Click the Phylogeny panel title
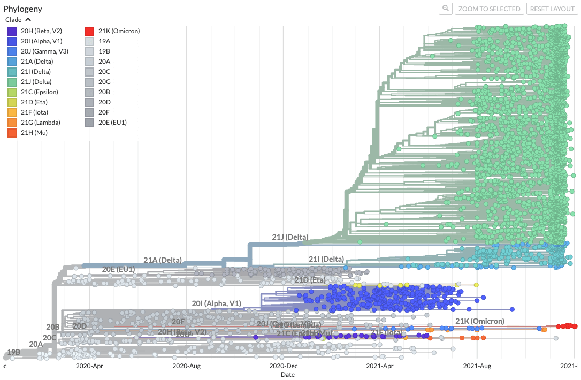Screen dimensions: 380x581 (x=23, y=9)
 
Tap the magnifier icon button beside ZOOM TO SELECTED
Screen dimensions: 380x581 (x=445, y=9)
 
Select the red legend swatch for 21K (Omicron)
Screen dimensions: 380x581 (x=90, y=31)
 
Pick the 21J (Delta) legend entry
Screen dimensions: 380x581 (x=37, y=82)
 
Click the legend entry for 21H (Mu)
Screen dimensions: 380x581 (x=34, y=133)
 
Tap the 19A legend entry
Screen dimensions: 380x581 (x=104, y=41)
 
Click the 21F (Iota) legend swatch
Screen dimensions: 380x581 (x=12, y=112)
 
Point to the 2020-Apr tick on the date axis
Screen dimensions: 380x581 (x=90, y=366)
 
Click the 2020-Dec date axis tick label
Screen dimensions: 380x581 (x=283, y=366)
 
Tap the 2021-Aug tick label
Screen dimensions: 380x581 (x=477, y=366)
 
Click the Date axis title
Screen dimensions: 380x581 (x=288, y=375)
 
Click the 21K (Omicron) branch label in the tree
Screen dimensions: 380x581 (x=479, y=321)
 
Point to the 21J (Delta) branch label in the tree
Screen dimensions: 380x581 (x=290, y=237)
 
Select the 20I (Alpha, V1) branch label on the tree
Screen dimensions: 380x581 (x=216, y=303)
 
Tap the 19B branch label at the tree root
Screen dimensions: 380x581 (x=13, y=352)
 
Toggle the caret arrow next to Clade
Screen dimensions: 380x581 (x=28, y=20)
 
